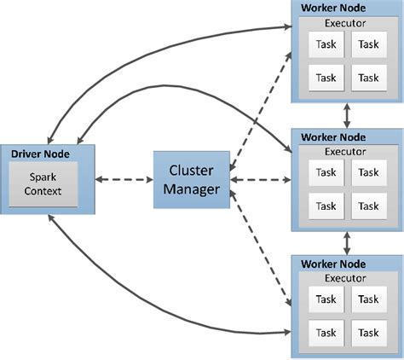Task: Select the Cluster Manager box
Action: pyautogui.click(x=191, y=180)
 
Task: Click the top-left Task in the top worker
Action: pyautogui.click(x=326, y=45)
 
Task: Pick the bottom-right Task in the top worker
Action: pyautogui.click(x=367, y=77)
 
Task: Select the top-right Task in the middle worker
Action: pyautogui.click(x=367, y=172)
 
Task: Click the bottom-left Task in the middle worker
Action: pyautogui.click(x=326, y=206)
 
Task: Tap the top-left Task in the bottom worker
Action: pyautogui.click(x=326, y=299)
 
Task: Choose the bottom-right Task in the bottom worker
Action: pyautogui.click(x=367, y=333)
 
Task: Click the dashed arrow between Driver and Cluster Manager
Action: pyautogui.click(x=124, y=180)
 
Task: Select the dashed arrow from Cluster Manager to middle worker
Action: pyautogui.click(x=260, y=180)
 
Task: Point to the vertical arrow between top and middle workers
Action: pyautogui.click(x=346, y=115)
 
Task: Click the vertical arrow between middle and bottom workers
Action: pyautogui.click(x=346, y=241)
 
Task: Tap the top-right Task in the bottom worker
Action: pyautogui.click(x=367, y=299)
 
